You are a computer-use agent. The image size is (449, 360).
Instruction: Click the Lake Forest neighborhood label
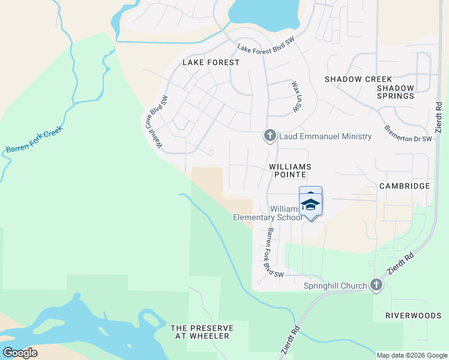pyautogui.click(x=206, y=62)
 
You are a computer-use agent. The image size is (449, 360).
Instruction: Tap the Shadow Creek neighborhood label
pyautogui.click(x=358, y=79)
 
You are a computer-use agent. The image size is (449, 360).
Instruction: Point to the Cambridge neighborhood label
pyautogui.click(x=405, y=186)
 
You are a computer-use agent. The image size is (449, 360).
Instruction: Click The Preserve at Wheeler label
pyautogui.click(x=200, y=332)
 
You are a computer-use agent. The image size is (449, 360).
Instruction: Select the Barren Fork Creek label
pyautogui.click(x=34, y=140)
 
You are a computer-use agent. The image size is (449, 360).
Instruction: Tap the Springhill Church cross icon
pyautogui.click(x=376, y=286)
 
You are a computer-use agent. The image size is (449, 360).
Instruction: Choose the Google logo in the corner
pyautogui.click(x=20, y=352)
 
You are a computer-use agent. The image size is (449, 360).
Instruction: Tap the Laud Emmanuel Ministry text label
pyautogui.click(x=325, y=137)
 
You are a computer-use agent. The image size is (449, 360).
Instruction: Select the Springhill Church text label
pyautogui.click(x=335, y=286)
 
